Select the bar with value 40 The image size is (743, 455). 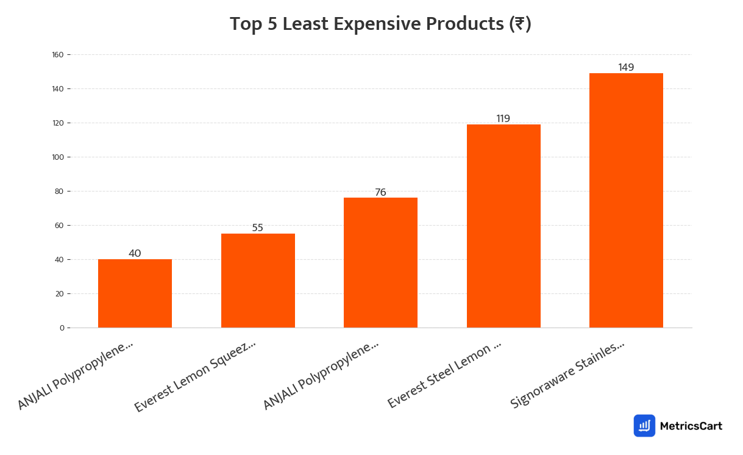coord(135,293)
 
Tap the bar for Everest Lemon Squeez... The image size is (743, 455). coord(258,281)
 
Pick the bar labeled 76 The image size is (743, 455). coord(380,262)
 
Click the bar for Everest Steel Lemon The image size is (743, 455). coord(503,226)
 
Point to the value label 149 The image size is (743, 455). coord(626,67)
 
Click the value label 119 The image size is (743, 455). coord(503,118)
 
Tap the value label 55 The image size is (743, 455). coord(258,227)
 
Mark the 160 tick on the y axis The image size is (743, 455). coord(58,55)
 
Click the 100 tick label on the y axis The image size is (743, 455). coord(58,157)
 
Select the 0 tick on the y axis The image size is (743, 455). coord(62,328)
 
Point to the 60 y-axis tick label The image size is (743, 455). coord(60,226)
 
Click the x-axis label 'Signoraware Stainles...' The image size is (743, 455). coord(567,375)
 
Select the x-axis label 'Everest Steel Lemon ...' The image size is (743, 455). coord(444,376)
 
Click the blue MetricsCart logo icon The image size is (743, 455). coord(644,426)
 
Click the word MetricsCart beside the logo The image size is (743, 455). coord(691,426)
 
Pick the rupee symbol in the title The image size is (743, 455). coord(519,24)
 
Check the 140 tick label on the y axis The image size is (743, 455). coord(58,89)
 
